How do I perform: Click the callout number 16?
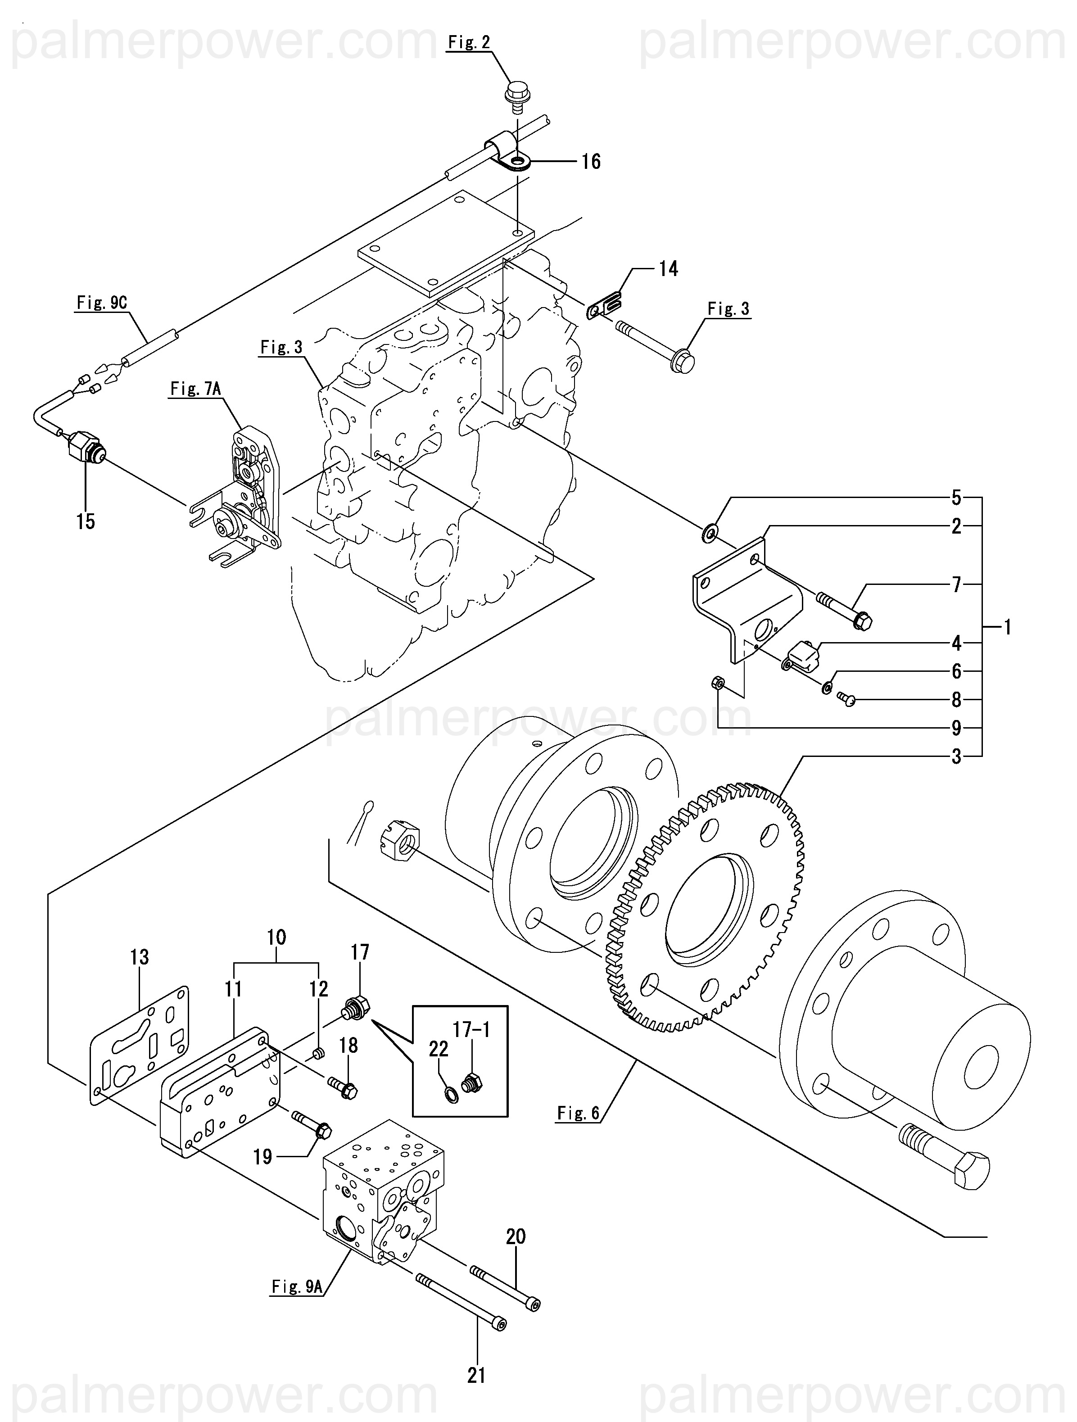click(x=590, y=161)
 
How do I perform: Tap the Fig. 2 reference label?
click(x=469, y=42)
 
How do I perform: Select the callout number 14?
click(x=668, y=269)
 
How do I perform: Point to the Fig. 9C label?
click(x=102, y=303)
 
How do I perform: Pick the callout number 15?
click(x=86, y=521)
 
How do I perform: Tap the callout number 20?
click(x=516, y=1236)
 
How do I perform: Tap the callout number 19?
click(x=262, y=1157)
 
